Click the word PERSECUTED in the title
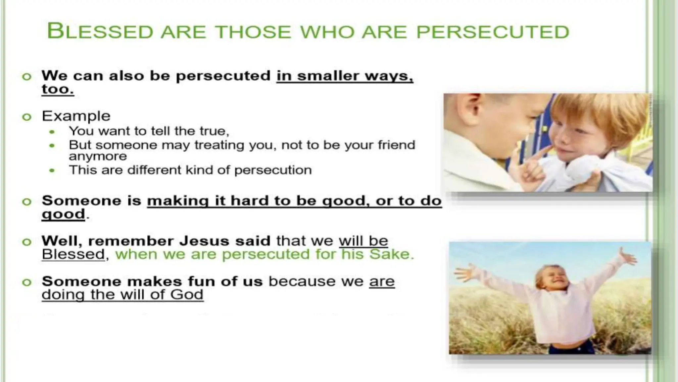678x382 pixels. pos(492,32)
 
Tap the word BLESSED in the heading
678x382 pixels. pos(100,32)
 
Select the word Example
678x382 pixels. pos(76,116)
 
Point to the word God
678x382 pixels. pos(187,294)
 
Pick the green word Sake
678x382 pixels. pos(391,254)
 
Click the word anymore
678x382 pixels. pos(98,156)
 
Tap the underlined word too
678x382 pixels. pos(58,89)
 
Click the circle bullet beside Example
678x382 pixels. pos(27,117)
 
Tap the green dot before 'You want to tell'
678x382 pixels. pos(52,132)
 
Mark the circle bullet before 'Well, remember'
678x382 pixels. pos(27,242)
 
